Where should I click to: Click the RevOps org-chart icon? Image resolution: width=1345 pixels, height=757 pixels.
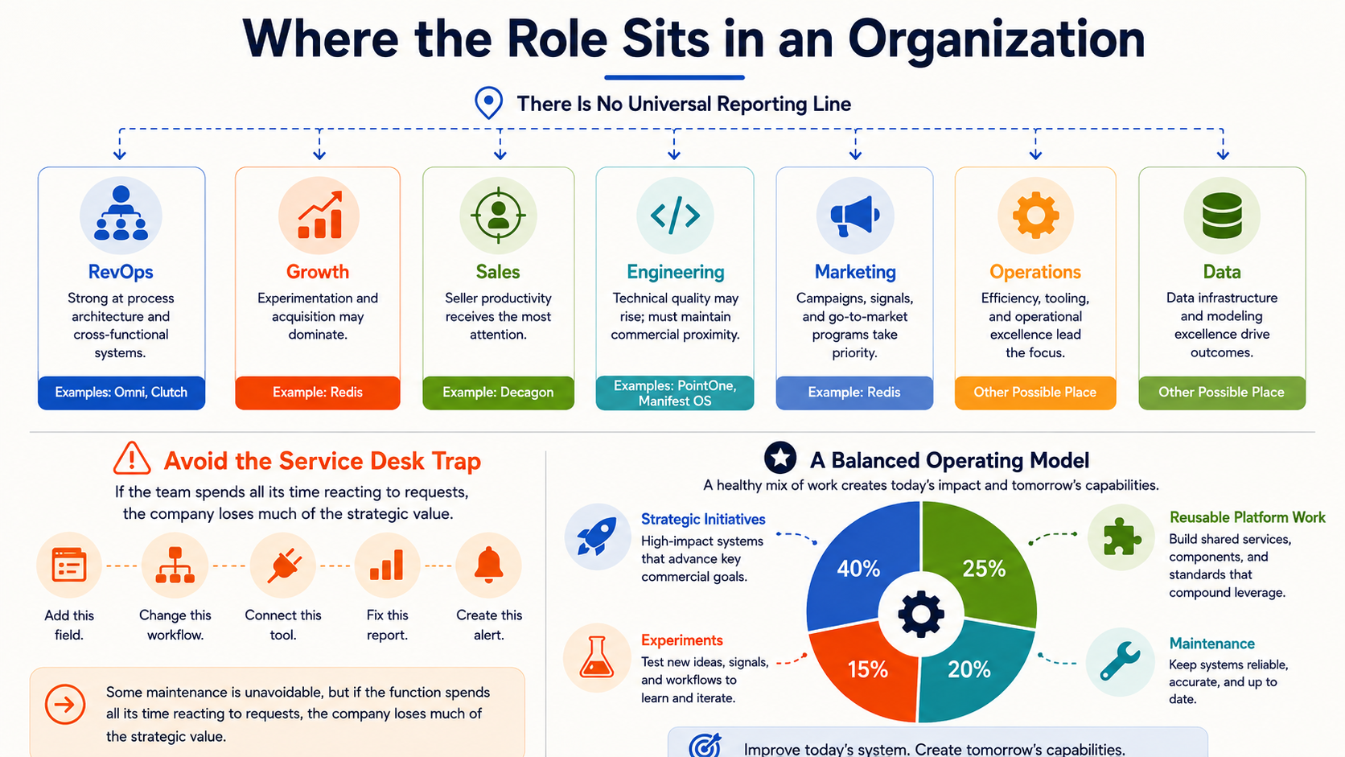pos(121,213)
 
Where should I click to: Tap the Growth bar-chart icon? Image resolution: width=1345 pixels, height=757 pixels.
pos(319,215)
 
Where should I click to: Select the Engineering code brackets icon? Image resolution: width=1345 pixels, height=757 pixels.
pos(675,215)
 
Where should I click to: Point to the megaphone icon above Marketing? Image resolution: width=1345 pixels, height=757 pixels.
pos(854,216)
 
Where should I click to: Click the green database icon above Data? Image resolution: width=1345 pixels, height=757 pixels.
pos(1222,215)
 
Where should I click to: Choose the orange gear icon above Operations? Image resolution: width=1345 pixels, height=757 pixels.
pos(1035,215)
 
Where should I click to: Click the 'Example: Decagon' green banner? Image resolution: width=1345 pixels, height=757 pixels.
pos(499,393)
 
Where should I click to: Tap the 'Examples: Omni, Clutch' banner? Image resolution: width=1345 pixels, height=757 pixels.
pos(121,393)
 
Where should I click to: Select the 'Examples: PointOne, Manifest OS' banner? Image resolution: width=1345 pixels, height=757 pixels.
pos(675,393)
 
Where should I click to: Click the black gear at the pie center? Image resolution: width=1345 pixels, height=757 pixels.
pos(921,614)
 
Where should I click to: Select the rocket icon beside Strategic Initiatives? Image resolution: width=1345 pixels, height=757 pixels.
pos(597,536)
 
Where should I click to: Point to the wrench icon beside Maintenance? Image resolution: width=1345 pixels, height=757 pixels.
pos(1120,661)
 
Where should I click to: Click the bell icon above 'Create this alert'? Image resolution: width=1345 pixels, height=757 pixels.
pos(489,565)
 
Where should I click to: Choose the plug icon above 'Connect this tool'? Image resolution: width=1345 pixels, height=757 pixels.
pos(283,565)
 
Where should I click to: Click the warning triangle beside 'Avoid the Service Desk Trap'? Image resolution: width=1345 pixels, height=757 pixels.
pos(132,459)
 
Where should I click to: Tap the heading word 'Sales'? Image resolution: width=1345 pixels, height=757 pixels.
pos(498,272)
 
